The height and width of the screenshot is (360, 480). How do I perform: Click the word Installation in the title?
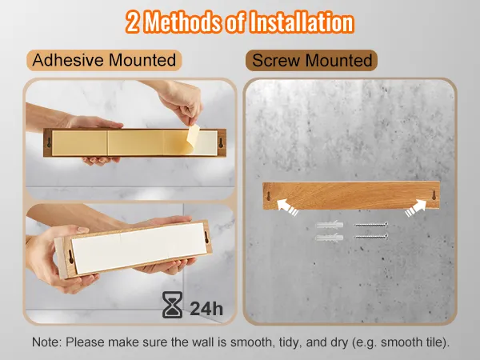(302, 22)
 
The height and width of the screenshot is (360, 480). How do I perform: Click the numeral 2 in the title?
(132, 22)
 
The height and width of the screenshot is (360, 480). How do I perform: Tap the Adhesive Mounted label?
(104, 60)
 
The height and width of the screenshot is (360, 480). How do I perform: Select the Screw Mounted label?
(311, 60)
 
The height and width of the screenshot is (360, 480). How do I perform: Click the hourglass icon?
(172, 305)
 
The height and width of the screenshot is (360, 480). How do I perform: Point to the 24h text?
(206, 308)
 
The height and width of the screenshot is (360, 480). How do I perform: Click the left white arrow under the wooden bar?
(287, 207)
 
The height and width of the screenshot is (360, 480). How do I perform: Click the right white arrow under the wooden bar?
(416, 208)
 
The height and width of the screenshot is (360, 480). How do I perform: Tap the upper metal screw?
(371, 225)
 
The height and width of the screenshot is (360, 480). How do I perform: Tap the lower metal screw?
(371, 236)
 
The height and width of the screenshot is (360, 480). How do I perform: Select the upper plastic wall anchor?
(330, 225)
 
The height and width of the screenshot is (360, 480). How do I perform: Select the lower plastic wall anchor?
(330, 238)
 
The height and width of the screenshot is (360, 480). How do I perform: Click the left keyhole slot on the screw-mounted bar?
(269, 196)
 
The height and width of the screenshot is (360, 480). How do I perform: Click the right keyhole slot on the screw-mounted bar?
(434, 195)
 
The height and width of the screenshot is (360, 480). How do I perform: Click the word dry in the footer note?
(339, 342)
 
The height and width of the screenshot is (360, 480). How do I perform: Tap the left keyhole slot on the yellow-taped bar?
(49, 142)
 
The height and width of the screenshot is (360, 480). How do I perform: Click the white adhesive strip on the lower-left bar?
(139, 248)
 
